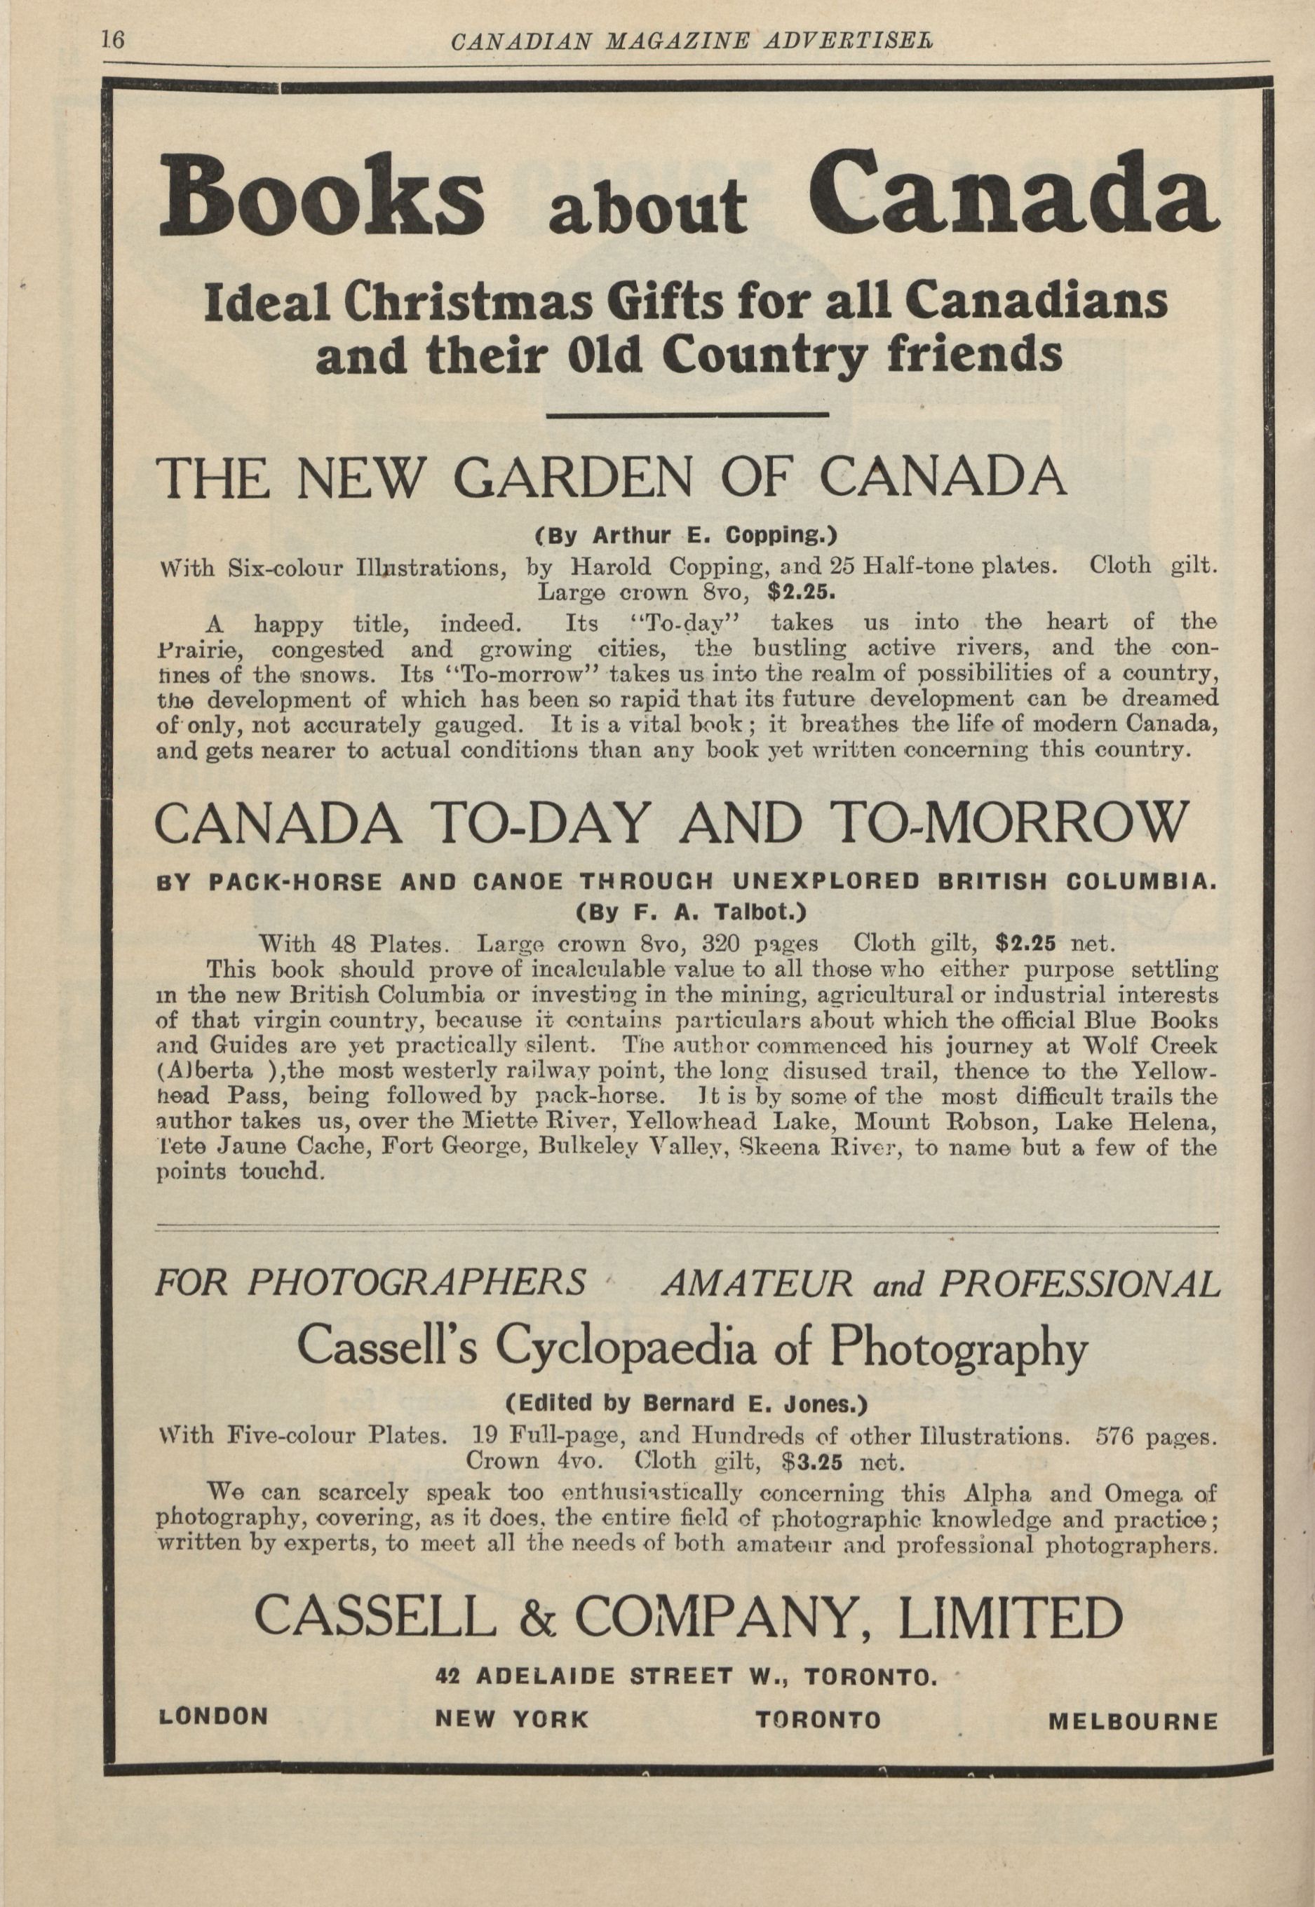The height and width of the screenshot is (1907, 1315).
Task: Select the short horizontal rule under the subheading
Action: pos(687,414)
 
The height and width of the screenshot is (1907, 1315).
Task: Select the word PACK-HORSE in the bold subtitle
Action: pos(295,881)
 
